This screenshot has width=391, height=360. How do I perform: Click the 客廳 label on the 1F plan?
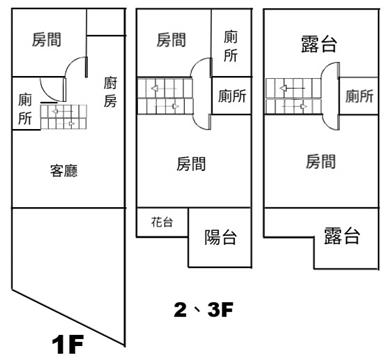pyautogui.click(x=64, y=170)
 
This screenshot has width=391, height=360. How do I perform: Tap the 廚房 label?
pyautogui.click(x=110, y=92)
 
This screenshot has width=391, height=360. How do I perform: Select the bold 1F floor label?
pyautogui.click(x=68, y=344)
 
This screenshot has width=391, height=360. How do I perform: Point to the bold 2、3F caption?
pyautogui.click(x=203, y=310)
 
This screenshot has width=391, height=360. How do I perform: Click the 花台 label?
pyautogui.click(x=162, y=222)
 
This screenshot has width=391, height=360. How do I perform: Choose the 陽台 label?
pyautogui.click(x=220, y=237)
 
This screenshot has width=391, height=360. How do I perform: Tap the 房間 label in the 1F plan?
pyautogui.click(x=47, y=39)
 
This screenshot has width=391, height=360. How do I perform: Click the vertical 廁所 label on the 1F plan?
pyautogui.click(x=25, y=109)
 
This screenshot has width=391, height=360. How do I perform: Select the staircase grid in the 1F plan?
pyautogui.click(x=63, y=117)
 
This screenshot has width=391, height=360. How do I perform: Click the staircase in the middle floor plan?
pyautogui.click(x=165, y=96)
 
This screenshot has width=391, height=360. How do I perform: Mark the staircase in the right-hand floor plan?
pyautogui.click(x=293, y=96)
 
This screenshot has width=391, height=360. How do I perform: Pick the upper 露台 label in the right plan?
pyautogui.click(x=319, y=44)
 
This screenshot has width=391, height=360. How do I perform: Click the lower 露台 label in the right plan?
pyautogui.click(x=342, y=236)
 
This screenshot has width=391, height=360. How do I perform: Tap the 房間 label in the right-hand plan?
pyautogui.click(x=321, y=161)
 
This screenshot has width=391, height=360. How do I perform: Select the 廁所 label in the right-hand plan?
pyautogui.click(x=359, y=96)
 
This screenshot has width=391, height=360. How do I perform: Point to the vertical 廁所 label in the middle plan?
pyautogui.click(x=230, y=46)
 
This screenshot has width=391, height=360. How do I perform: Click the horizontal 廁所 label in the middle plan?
pyautogui.click(x=232, y=96)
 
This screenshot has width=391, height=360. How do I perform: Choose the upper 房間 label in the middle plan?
pyautogui.click(x=171, y=40)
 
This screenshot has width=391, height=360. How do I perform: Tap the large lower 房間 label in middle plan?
pyautogui.click(x=191, y=164)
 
